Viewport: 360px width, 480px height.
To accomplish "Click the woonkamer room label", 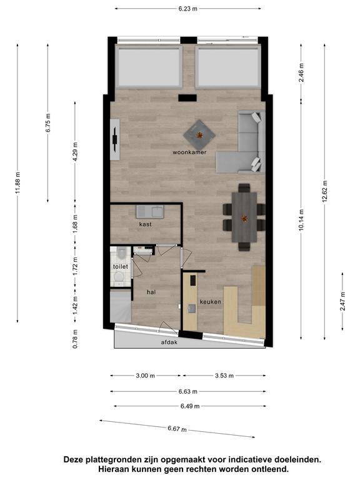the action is pyautogui.click(x=189, y=152).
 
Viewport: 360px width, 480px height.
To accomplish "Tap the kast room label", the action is pyautogui.click(x=145, y=224).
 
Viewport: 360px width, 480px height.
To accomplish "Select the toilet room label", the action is pyautogui.click(x=120, y=267).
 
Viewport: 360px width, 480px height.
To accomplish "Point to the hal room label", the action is pyautogui.click(x=151, y=292).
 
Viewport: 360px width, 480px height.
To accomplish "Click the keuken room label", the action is pyautogui.click(x=210, y=302).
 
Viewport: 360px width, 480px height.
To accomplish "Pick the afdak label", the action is pyautogui.click(x=169, y=342).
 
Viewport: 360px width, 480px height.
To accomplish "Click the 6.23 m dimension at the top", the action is pyautogui.click(x=188, y=9).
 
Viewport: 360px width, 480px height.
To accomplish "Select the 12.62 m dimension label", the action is pyautogui.click(x=325, y=191).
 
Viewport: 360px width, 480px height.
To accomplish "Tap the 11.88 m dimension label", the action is pyautogui.click(x=17, y=182).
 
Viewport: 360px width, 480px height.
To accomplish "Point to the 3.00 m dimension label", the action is pyautogui.click(x=145, y=376).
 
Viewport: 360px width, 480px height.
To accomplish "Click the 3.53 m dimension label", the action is pyautogui.click(x=224, y=376).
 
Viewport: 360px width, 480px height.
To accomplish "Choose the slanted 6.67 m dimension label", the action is pyautogui.click(x=177, y=429).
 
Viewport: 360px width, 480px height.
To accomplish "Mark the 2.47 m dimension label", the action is pyautogui.click(x=342, y=301).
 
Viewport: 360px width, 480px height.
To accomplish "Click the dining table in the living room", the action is pyautogui.click(x=244, y=217).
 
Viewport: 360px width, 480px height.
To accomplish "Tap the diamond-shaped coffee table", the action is pyautogui.click(x=199, y=135).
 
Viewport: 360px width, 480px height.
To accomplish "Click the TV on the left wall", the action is pyautogui.click(x=115, y=139).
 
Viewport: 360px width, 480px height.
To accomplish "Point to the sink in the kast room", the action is pyautogui.click(x=150, y=211).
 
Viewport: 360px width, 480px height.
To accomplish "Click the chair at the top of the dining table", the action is pyautogui.click(x=244, y=187).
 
